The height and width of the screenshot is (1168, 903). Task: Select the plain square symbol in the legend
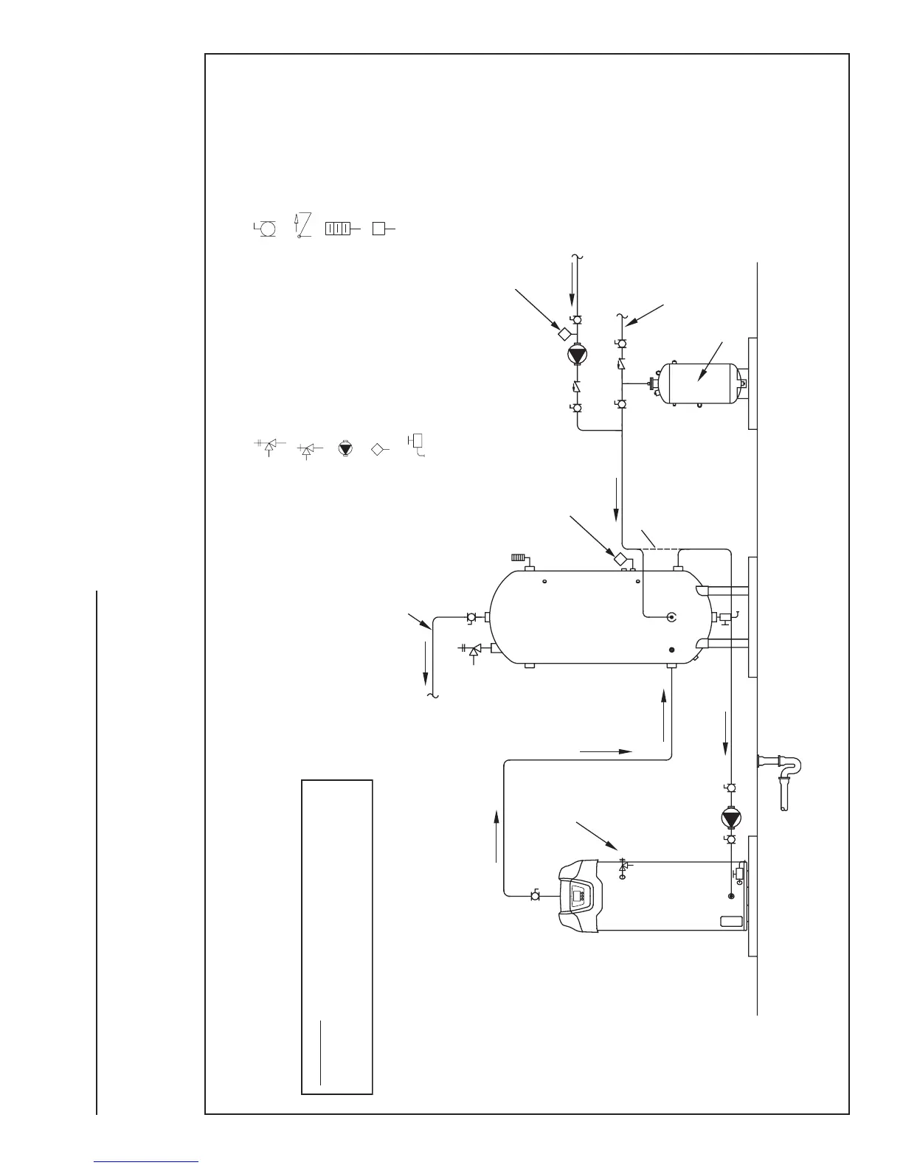point(378,229)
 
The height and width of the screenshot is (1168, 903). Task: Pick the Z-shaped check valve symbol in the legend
point(302,226)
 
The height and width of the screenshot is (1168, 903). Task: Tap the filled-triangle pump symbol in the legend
point(344,448)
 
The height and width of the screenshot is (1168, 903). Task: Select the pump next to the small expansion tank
point(576,355)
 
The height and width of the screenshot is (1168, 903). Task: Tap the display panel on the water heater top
point(578,897)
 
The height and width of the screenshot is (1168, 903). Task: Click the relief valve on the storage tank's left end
point(475,650)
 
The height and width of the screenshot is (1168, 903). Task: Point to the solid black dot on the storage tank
point(671,650)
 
